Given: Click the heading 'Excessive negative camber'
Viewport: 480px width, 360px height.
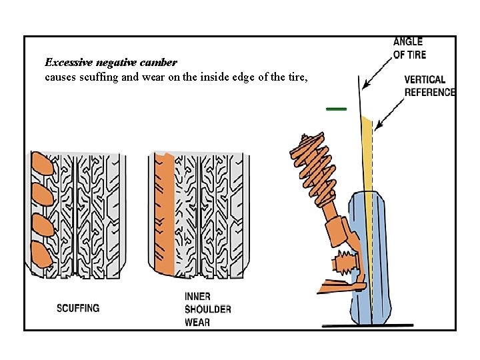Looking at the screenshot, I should pos(111,63).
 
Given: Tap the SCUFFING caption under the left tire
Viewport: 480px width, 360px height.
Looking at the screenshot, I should pos(78,308).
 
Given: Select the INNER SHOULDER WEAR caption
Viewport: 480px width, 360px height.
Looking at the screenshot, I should pos(207,309).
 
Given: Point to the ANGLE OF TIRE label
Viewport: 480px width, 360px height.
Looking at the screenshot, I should pos(409,49).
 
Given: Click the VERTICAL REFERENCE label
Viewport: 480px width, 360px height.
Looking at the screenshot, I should pos(430,86).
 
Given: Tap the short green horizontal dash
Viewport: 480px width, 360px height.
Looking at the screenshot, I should pos(336,108).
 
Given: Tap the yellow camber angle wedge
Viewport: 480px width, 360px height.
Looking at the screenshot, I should pos(368,153).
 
